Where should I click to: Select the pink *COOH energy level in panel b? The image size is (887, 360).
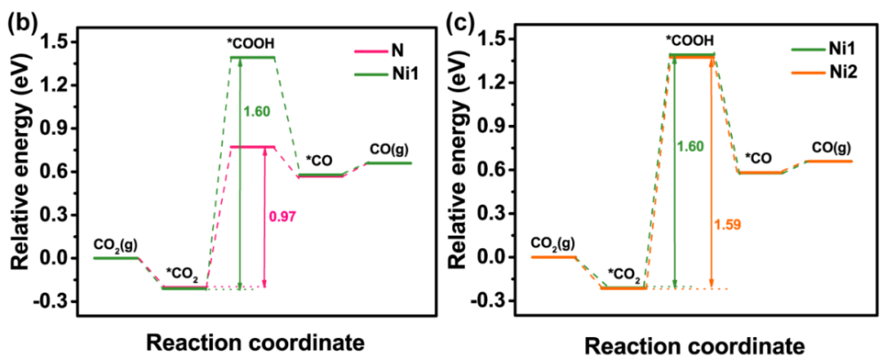tap(252, 146)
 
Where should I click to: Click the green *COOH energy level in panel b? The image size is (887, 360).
tap(252, 58)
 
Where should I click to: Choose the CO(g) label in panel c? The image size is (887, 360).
tap(828, 147)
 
